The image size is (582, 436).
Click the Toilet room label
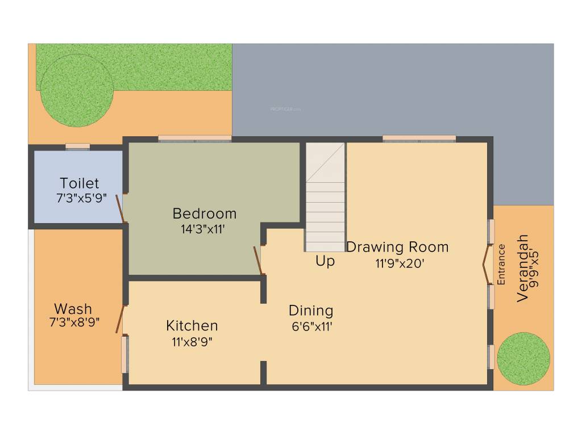pos(80,183)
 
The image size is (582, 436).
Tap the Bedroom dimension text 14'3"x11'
pos(205,229)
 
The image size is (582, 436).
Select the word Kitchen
pos(192,325)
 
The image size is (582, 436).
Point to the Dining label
pos(311,311)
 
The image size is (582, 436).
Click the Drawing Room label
pos(397,247)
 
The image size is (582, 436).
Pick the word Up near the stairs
pos(325,261)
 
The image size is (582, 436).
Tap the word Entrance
pos(501,264)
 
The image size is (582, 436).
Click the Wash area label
pos(73,309)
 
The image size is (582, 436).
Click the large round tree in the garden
pos(76,91)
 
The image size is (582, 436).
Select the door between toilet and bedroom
pos(120,208)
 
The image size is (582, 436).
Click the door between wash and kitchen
pos(120,319)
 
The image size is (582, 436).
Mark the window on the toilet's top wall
pos(77,146)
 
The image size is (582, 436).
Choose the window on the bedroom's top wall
pos(194,138)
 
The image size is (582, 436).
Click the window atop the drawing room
pos(419,138)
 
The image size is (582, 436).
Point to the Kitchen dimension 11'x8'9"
pos(192,342)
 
